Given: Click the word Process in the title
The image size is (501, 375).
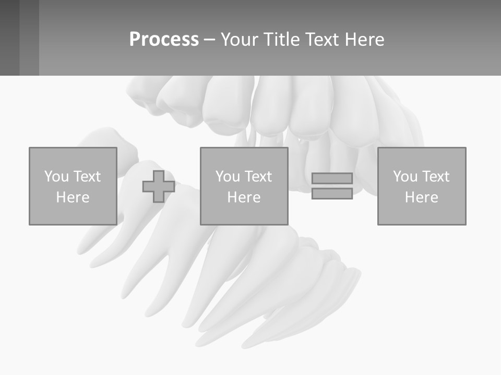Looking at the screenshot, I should click(x=164, y=40).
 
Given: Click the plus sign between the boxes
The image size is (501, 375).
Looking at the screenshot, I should click(x=159, y=186).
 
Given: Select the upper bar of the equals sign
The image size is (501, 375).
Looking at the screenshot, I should click(x=332, y=178).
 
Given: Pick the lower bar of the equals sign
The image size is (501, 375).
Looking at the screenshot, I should click(x=332, y=193).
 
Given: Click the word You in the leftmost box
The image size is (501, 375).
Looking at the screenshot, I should click(x=56, y=177).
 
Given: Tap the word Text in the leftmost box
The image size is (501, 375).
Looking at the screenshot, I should click(x=86, y=177).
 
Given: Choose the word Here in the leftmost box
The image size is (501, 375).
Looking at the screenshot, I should click(x=73, y=197).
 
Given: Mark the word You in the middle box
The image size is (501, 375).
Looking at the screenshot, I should click(x=228, y=177).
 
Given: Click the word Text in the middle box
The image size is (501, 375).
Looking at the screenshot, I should click(x=257, y=177).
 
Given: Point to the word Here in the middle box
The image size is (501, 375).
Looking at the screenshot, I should click(x=244, y=197).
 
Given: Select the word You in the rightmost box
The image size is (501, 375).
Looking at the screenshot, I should click(x=405, y=177).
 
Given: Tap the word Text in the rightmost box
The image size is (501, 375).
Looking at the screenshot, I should click(x=435, y=177).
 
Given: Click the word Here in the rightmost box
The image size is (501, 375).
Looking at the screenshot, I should click(x=421, y=197).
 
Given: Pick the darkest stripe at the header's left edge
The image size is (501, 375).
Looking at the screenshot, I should click(x=9, y=37).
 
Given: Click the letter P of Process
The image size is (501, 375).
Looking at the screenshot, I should click(x=135, y=40).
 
